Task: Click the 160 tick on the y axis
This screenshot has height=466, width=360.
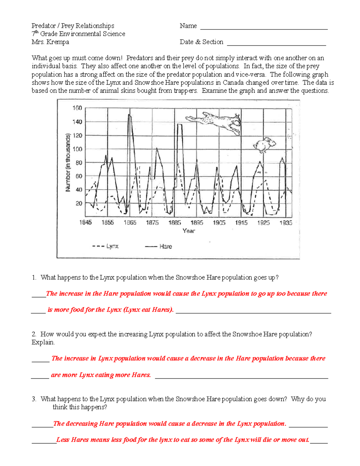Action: point(77,108)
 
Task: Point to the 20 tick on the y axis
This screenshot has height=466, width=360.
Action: point(79,203)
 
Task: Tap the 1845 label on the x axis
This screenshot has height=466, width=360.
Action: point(85,223)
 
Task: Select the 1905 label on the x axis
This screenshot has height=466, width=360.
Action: point(219,223)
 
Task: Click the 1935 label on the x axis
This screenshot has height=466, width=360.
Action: point(286,223)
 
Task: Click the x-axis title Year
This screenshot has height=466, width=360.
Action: point(189,231)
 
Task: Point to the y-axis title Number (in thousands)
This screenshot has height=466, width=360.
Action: point(68,162)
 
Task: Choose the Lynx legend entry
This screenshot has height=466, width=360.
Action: point(106,246)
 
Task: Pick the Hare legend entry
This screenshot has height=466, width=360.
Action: point(159,246)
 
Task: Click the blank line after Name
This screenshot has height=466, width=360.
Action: point(264,27)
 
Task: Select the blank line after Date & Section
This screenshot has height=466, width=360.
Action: point(276,43)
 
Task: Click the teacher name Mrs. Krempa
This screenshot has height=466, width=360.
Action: point(50,42)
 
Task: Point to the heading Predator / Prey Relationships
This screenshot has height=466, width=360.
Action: point(73,26)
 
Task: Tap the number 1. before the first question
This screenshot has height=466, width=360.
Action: point(34,278)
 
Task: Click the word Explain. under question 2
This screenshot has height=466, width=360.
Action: point(43,342)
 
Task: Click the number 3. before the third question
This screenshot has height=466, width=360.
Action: point(34,399)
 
